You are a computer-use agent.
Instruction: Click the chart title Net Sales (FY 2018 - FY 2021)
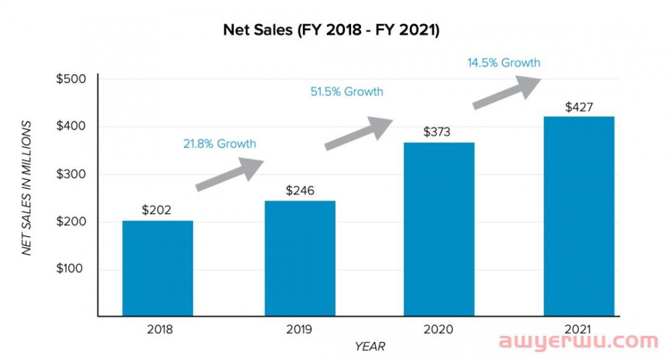[x=330, y=30]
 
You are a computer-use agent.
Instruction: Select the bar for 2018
[x=157, y=268]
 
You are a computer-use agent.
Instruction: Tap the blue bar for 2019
[x=299, y=258]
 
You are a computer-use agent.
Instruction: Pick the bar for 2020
[x=439, y=229]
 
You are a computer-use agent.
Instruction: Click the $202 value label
[x=157, y=210]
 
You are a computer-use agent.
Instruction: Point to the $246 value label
[x=299, y=190]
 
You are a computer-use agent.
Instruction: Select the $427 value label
[x=579, y=107]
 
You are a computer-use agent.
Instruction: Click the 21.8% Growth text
[x=219, y=143]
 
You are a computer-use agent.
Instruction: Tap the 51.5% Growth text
[x=346, y=91]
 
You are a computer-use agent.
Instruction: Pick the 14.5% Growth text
[x=504, y=63]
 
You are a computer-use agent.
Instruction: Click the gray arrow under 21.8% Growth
[x=231, y=174]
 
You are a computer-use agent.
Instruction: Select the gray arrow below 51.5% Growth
[x=359, y=132]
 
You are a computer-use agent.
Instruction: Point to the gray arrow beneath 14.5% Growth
[x=507, y=91]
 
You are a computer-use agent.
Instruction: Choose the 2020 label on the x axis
[x=438, y=329]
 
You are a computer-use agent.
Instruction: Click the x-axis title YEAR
[x=370, y=346]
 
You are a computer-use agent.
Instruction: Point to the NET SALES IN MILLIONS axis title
[x=27, y=188]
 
